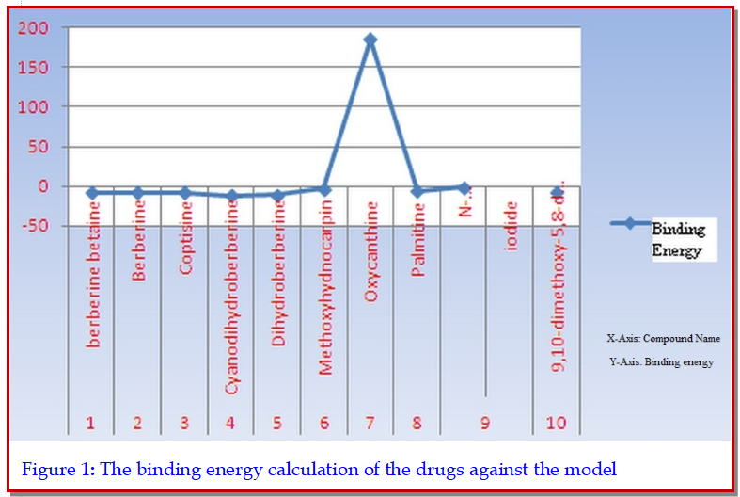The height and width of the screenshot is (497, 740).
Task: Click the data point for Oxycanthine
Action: point(370,40)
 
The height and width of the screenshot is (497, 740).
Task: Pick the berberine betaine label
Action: point(92,291)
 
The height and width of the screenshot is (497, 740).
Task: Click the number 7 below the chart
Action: point(370,423)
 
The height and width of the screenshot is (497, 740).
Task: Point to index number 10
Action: point(556,423)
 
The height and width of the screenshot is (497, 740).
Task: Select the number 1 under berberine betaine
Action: point(91,423)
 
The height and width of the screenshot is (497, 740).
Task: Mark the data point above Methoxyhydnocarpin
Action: point(324,190)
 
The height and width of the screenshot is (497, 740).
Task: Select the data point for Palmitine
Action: point(417,192)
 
